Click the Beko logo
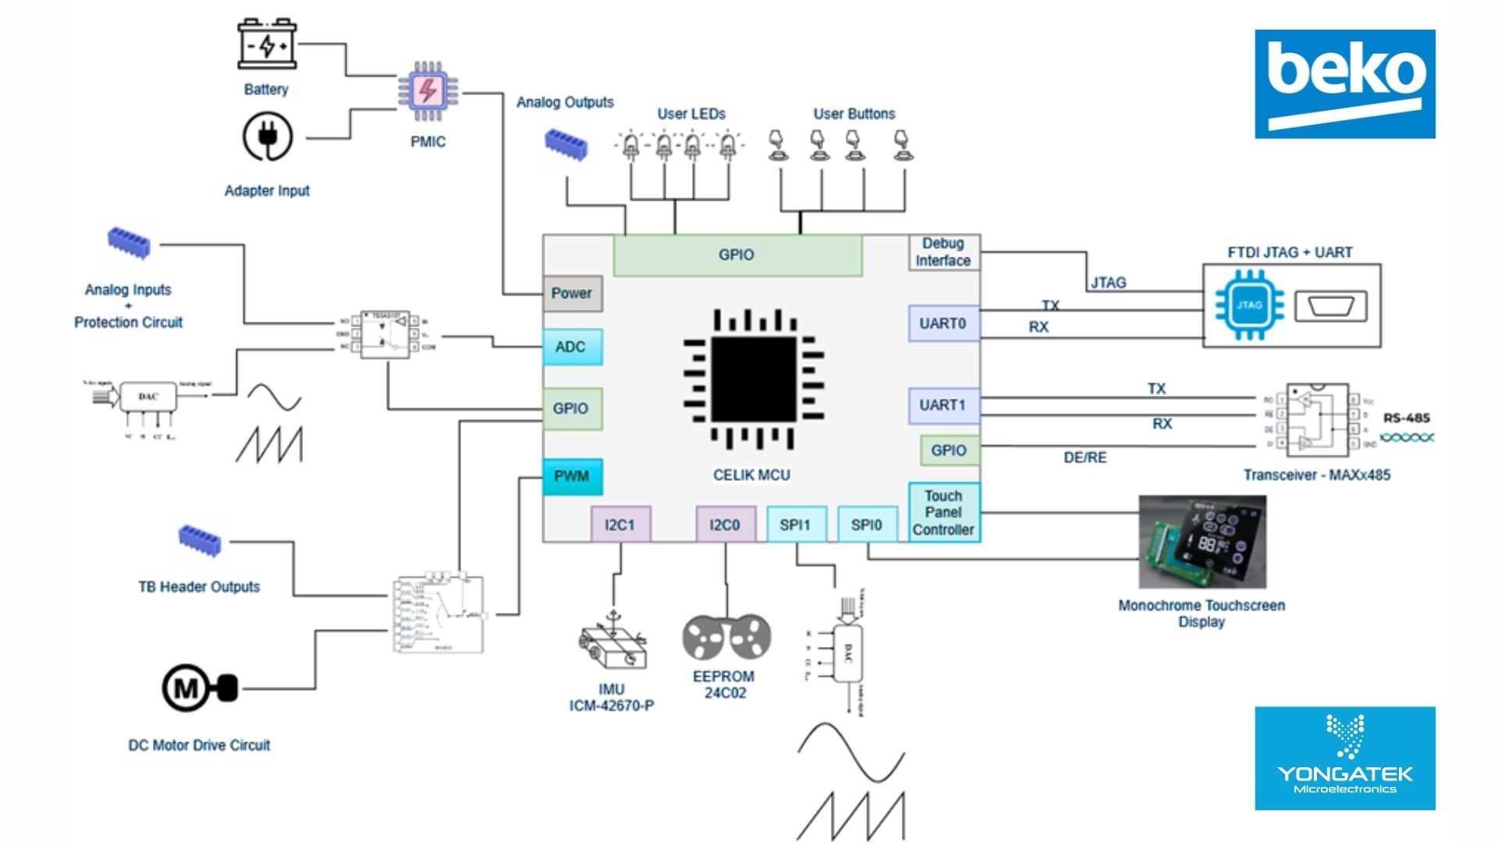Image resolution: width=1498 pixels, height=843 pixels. pyautogui.click(x=1344, y=84)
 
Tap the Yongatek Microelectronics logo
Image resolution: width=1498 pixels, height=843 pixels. pyautogui.click(x=1344, y=758)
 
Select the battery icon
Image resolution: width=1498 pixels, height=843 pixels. pyautogui.click(x=267, y=44)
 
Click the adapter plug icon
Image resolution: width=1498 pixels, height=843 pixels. pyautogui.click(x=268, y=137)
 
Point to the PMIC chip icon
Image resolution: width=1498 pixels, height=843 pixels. pyautogui.click(x=428, y=91)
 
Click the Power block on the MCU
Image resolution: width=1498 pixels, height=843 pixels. pyautogui.click(x=572, y=293)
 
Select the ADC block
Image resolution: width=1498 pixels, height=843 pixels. pyautogui.click(x=572, y=347)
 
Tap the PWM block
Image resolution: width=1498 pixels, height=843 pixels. pyautogui.click(x=572, y=476)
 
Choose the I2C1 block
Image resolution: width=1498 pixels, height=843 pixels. pyautogui.click(x=620, y=525)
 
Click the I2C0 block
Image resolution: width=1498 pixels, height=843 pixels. pyautogui.click(x=725, y=525)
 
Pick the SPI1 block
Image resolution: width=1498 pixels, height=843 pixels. pyautogui.click(x=795, y=525)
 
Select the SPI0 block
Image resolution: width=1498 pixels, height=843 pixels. pyautogui.click(x=867, y=525)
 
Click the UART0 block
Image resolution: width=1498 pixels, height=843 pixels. pyautogui.click(x=943, y=323)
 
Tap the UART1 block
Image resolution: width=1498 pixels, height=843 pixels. pyautogui.click(x=943, y=405)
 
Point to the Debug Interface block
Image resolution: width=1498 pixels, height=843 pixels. pyautogui.click(x=943, y=252)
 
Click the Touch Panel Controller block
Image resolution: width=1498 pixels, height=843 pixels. pyautogui.click(x=943, y=512)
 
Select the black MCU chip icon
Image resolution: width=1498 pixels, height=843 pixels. pyautogui.click(x=753, y=379)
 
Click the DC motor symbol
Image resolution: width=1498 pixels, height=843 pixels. pyautogui.click(x=198, y=688)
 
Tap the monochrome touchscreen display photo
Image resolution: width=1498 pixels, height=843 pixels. pyautogui.click(x=1202, y=542)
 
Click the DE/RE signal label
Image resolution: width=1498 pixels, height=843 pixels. pyautogui.click(x=1084, y=457)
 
